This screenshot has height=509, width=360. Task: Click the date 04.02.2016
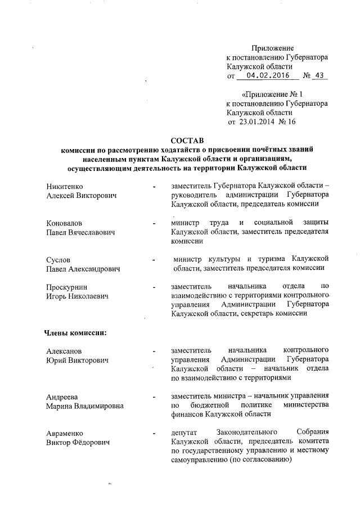point(263,75)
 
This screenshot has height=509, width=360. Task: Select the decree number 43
point(319,75)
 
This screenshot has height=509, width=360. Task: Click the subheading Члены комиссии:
point(75,332)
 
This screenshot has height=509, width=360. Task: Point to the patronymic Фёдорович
point(93,443)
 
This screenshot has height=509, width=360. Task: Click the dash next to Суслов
point(153,260)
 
